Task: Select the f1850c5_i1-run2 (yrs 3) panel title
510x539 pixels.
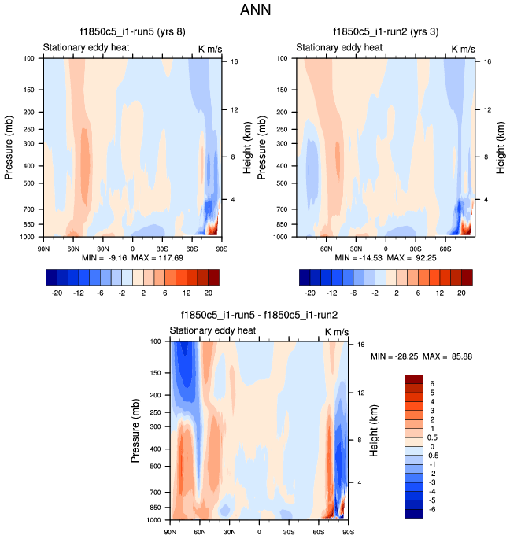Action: point(385,33)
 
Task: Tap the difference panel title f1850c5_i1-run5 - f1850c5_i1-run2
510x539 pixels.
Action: point(259,316)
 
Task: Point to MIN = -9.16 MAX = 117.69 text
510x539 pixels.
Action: point(131,257)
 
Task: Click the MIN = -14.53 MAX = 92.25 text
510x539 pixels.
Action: point(386,257)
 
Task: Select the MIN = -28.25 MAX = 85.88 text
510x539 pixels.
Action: point(421,356)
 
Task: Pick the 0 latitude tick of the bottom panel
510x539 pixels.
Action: point(259,533)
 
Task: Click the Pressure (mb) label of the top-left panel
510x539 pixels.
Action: point(10,147)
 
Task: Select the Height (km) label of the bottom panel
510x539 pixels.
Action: point(373,430)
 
